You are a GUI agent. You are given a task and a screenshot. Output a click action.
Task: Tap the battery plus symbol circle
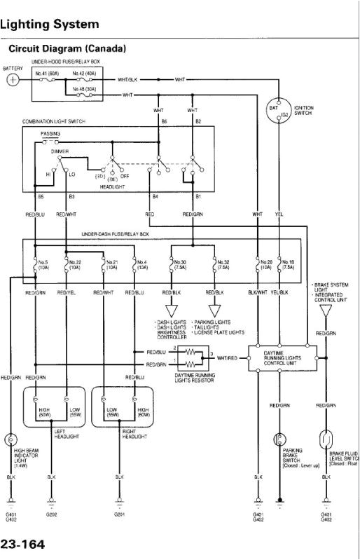13,80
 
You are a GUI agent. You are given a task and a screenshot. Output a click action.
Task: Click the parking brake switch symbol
279,439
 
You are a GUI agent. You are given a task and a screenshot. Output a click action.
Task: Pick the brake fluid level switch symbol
326,439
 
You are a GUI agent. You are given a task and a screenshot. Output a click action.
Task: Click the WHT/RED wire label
228,357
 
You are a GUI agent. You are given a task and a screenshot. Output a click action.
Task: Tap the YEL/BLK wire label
279,291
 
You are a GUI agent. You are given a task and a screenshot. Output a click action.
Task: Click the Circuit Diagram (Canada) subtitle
67,49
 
